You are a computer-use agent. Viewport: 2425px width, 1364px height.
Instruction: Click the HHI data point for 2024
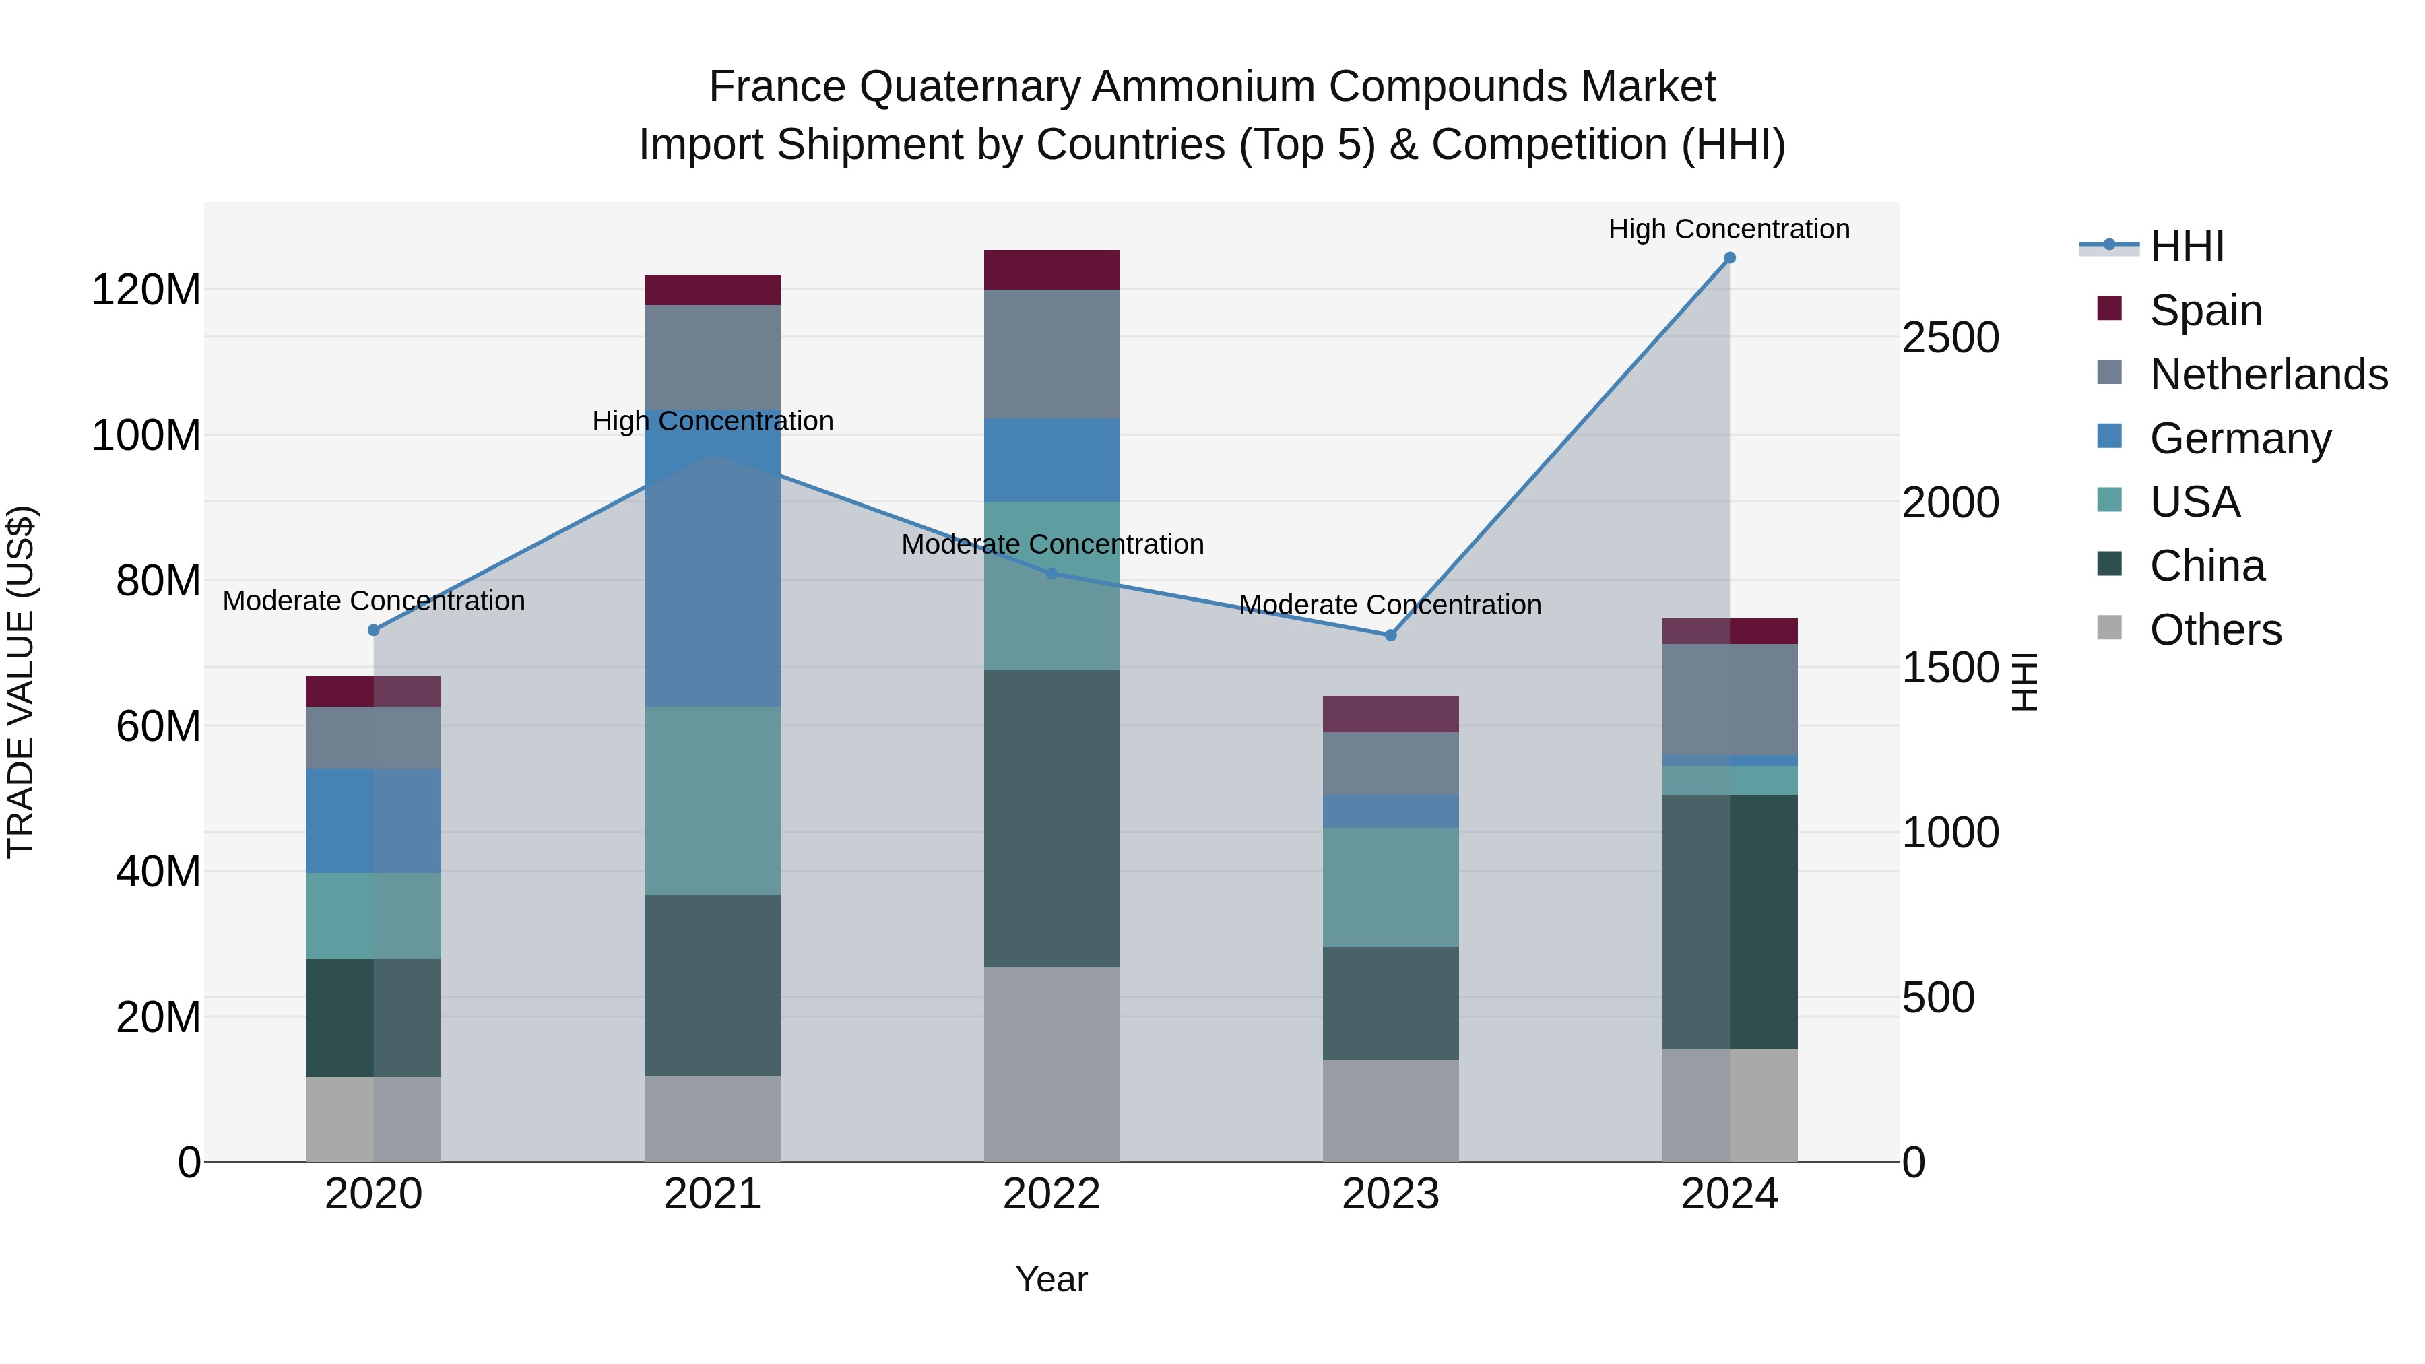pyautogui.click(x=1729, y=258)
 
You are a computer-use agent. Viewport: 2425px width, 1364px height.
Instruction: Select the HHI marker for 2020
pyautogui.click(x=374, y=630)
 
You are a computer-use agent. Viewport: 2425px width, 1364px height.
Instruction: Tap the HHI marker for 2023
pyautogui.click(x=1390, y=635)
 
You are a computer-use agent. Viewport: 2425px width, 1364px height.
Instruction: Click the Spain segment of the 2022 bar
pyautogui.click(x=1052, y=270)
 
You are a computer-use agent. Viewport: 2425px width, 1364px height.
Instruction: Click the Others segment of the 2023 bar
pyautogui.click(x=1390, y=1110)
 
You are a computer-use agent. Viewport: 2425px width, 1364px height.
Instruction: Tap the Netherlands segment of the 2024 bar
pyautogui.click(x=1729, y=699)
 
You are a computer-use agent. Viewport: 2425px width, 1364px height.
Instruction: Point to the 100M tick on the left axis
pyautogui.click(x=146, y=436)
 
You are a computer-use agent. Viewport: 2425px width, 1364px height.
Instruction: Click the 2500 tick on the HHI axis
pyautogui.click(x=1951, y=338)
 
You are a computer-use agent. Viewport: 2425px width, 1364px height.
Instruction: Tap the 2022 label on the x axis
pyautogui.click(x=1052, y=1194)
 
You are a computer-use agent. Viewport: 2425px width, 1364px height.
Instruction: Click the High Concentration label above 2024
pyautogui.click(x=1728, y=230)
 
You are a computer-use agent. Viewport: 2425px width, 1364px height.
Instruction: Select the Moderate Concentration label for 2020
pyautogui.click(x=374, y=601)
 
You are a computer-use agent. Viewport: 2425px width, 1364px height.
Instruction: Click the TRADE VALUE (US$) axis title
pyautogui.click(x=21, y=682)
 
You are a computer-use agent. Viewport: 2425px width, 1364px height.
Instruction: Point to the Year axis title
pyautogui.click(x=1052, y=1279)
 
